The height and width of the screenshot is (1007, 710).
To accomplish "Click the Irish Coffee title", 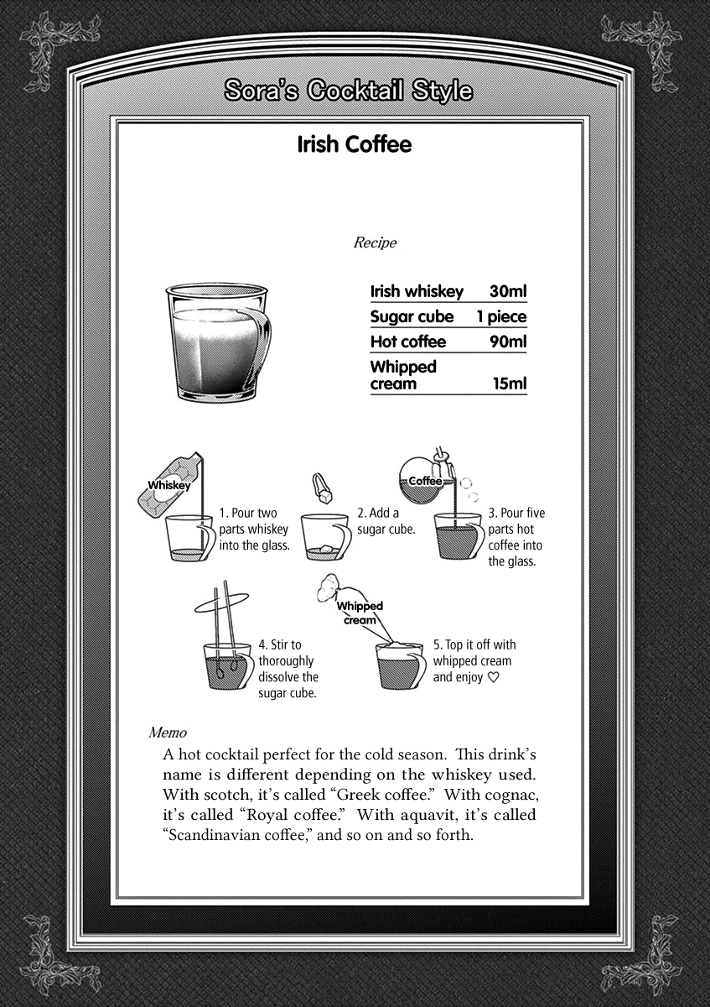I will (355, 144).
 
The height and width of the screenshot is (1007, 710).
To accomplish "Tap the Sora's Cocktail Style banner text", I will (349, 91).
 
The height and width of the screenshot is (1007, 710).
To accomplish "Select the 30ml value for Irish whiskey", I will (508, 292).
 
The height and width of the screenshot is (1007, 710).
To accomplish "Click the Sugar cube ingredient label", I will (412, 317).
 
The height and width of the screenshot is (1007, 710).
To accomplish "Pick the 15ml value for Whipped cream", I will (510, 384).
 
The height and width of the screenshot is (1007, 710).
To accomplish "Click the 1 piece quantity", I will (501, 317).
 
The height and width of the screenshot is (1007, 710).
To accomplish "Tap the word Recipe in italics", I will (375, 243).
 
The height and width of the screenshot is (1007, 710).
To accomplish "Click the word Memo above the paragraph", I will (167, 732).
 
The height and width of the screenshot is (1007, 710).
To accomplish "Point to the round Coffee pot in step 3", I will (426, 479).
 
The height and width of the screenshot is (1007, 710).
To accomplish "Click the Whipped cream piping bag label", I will (360, 613).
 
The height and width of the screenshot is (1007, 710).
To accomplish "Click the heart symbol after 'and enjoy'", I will (493, 677).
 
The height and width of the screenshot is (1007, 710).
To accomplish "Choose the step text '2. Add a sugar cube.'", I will (386, 521).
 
